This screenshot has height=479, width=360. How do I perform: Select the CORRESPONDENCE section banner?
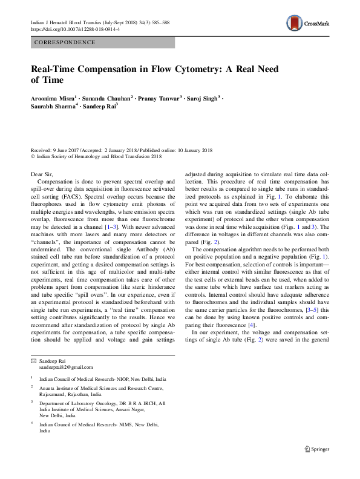(x=102, y=42)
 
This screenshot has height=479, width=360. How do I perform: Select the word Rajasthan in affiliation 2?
(x=90, y=392)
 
